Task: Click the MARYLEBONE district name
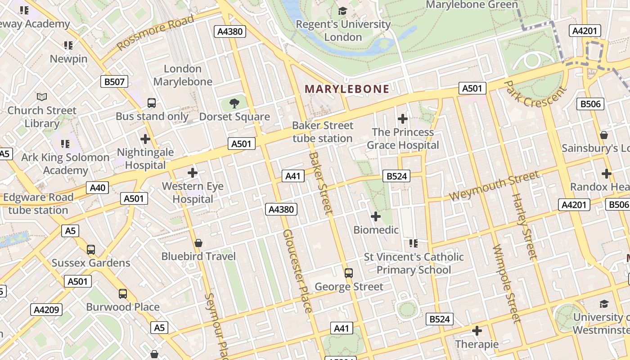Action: tap(347, 89)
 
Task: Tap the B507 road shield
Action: tap(114, 81)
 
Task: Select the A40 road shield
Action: tap(97, 188)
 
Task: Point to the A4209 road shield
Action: tap(47, 310)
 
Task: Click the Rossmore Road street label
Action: tap(155, 32)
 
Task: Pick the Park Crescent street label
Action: tap(534, 94)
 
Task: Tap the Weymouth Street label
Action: tap(494, 186)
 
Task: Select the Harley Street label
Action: tap(525, 227)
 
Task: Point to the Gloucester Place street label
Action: tap(297, 271)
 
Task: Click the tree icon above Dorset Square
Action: tap(234, 103)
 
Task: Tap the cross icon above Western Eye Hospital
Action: tap(193, 172)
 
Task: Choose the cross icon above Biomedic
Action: tap(376, 216)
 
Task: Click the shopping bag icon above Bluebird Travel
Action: tap(198, 243)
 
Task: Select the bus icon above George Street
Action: tap(348, 273)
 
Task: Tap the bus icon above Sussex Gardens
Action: tap(91, 249)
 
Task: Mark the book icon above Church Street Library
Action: tap(42, 97)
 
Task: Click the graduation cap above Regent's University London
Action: tap(343, 11)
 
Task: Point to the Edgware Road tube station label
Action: tap(38, 203)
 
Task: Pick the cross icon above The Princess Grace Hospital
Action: tap(403, 119)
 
